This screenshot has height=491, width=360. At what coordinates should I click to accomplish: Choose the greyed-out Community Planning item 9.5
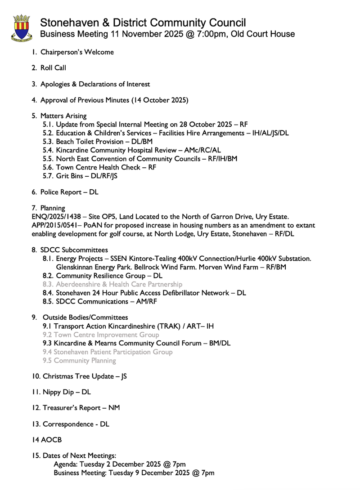79,361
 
